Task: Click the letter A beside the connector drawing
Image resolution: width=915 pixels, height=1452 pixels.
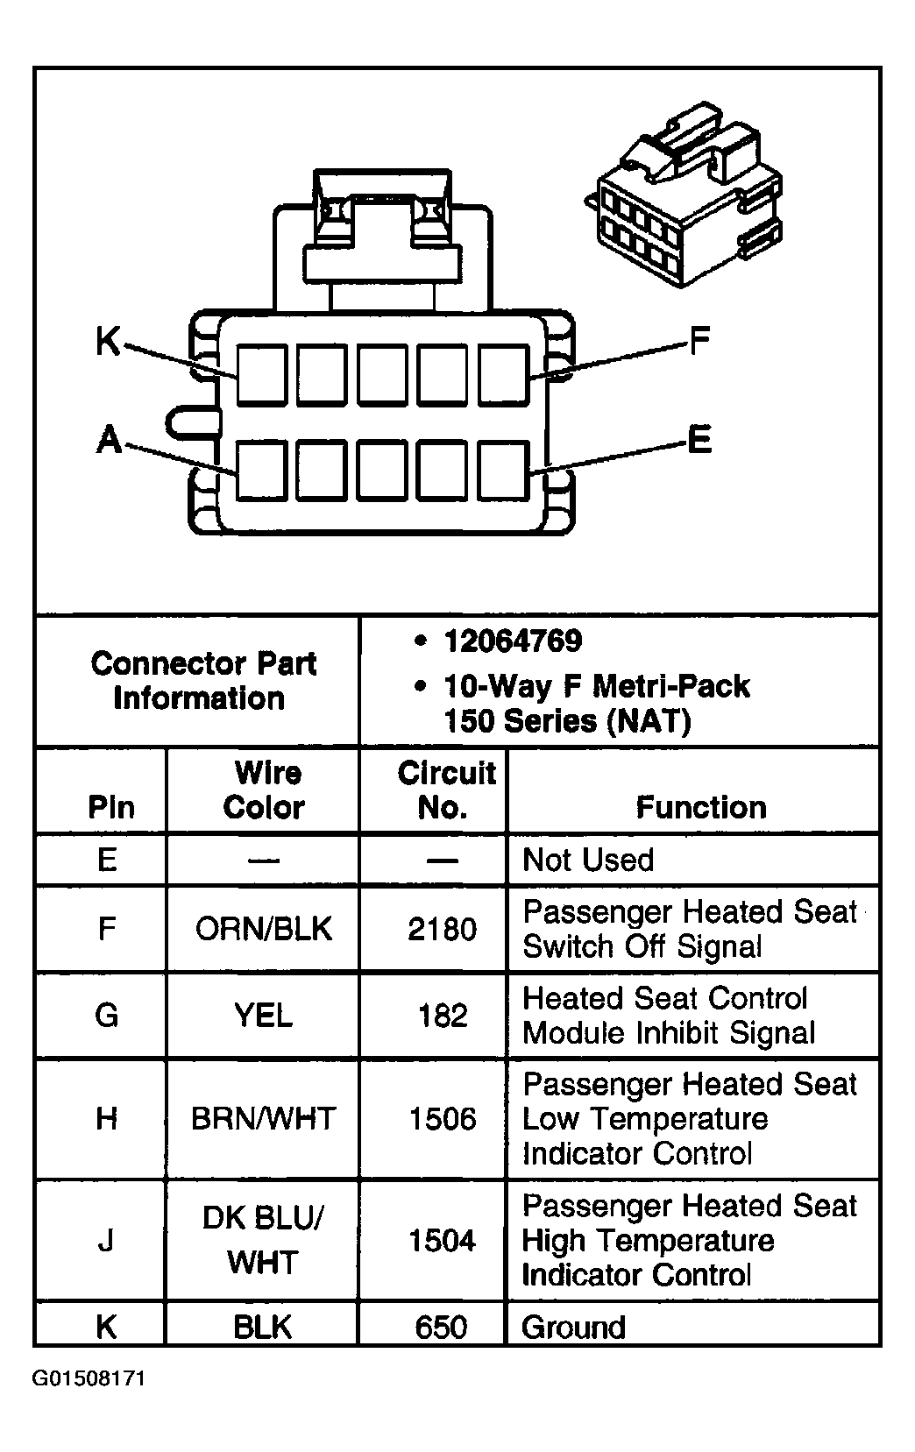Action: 109,439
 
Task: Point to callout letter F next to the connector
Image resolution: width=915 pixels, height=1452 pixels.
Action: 699,340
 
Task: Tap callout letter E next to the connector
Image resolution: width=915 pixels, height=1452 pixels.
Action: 699,439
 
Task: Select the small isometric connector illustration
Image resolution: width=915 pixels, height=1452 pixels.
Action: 684,194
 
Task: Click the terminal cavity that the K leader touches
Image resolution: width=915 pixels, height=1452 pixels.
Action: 261,375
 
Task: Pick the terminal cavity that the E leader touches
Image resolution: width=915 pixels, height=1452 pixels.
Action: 503,471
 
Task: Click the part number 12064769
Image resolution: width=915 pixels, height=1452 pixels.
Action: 513,641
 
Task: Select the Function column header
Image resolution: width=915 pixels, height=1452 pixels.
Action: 701,807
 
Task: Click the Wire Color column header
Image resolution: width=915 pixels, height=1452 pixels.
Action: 265,790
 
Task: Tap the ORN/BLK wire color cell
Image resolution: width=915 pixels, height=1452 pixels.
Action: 263,928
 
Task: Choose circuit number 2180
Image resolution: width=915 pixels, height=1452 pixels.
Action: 443,929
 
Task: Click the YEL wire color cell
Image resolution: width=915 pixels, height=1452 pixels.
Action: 263,1015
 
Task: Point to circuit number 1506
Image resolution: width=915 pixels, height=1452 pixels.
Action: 443,1119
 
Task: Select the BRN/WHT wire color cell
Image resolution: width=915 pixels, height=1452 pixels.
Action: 263,1119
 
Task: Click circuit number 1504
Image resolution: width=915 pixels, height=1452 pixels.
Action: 443,1240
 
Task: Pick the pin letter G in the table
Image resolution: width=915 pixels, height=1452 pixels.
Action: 107,1015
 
